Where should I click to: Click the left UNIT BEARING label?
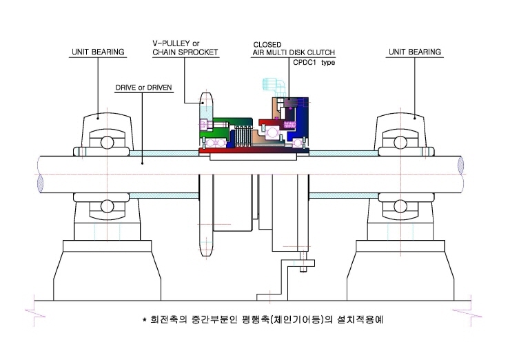pyautogui.click(x=98, y=52)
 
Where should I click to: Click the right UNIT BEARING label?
pyautogui.click(x=415, y=52)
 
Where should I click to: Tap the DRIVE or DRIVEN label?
pyautogui.click(x=143, y=88)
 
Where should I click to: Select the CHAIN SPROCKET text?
pyautogui.click(x=185, y=52)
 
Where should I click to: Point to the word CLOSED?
pyautogui.click(x=267, y=45)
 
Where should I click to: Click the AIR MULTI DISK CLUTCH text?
pyautogui.click(x=294, y=52)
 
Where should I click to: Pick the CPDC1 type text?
pyautogui.click(x=314, y=62)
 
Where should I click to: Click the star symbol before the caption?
pyautogui.click(x=145, y=319)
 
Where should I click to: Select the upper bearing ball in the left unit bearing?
pyautogui.click(x=107, y=143)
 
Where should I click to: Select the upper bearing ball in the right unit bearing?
pyautogui.click(x=400, y=143)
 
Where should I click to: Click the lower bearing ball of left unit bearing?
pyautogui.click(x=107, y=206)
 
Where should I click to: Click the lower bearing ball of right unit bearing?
pyautogui.click(x=400, y=206)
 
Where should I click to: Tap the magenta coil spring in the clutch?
pyautogui.click(x=289, y=125)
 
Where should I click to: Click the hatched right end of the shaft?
pyautogui.click(x=460, y=165)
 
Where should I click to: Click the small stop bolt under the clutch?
pyautogui.click(x=303, y=261)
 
